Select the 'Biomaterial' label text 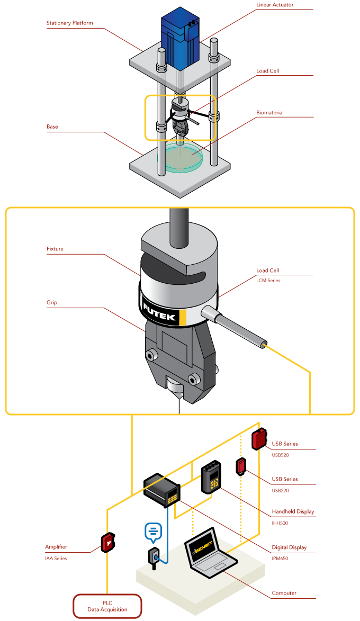(270, 113)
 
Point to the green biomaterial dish (183, 158)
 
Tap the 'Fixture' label (55, 249)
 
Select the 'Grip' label (52, 303)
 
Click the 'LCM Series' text (268, 281)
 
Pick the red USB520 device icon (259, 439)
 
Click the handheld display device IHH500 (212, 478)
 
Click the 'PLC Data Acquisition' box (107, 606)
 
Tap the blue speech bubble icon (153, 532)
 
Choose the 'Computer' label (284, 593)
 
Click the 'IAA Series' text (56, 558)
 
